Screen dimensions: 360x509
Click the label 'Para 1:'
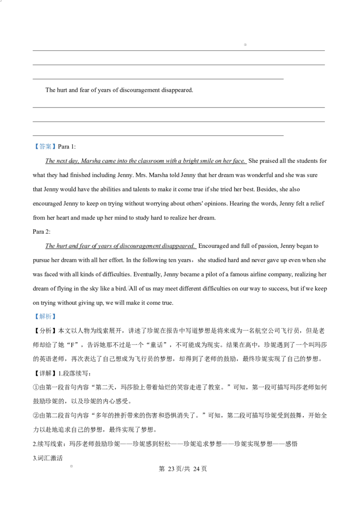click(x=67, y=147)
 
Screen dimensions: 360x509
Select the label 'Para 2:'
click(x=41, y=232)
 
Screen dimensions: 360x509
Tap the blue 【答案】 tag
click(x=45, y=147)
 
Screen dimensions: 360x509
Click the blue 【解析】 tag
click(x=45, y=317)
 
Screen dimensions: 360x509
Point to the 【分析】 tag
click(x=45, y=331)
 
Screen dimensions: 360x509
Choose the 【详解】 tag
click(x=45, y=373)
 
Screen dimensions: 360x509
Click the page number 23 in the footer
click(x=171, y=469)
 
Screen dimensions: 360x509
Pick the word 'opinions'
click(x=216, y=204)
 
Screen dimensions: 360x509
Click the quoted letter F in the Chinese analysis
click(x=72, y=345)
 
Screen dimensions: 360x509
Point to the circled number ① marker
click(x=36, y=388)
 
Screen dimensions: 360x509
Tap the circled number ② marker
click(x=36, y=416)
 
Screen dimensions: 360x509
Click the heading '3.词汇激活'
click(x=48, y=458)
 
